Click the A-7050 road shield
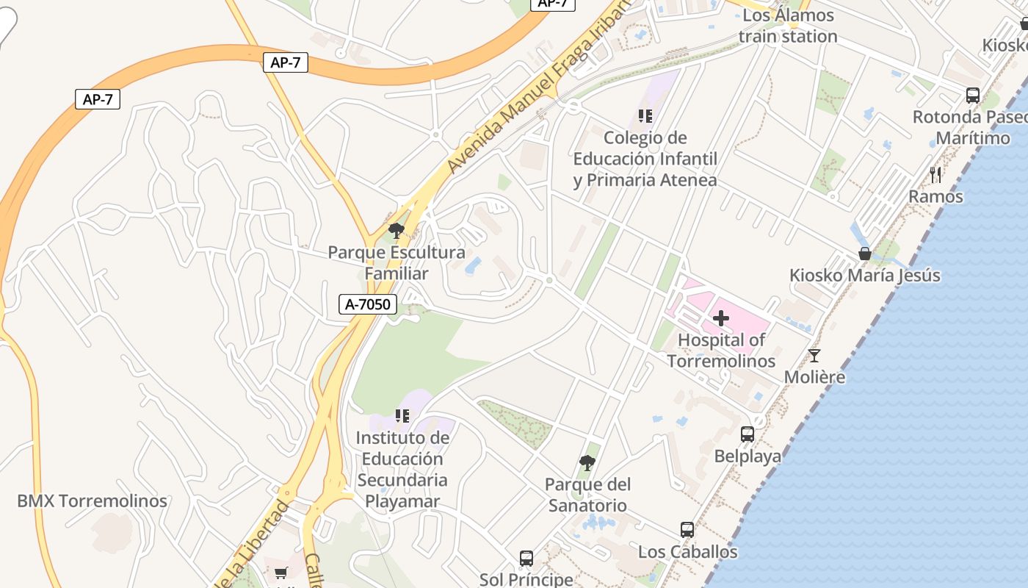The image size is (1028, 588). tap(367, 304)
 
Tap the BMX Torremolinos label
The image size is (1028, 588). tap(93, 501)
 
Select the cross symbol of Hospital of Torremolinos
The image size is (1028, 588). tap(721, 318)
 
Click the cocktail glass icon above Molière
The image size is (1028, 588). tap(814, 356)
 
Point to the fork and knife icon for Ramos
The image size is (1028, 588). tap(935, 174)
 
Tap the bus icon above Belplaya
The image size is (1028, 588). tap(748, 434)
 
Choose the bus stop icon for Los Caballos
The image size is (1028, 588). tap(687, 530)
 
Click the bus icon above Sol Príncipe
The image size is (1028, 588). tap(526, 558)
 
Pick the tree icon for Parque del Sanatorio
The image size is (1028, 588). tap(587, 463)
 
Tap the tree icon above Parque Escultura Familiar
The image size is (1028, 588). tap(397, 231)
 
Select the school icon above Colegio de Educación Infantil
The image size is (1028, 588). tap(645, 115)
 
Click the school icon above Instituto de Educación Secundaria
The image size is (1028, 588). tap(402, 416)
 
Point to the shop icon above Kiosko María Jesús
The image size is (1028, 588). tap(865, 254)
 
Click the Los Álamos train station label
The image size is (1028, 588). tap(788, 26)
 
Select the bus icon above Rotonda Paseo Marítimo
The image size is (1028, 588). tap(973, 96)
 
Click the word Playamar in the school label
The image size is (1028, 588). tap(402, 502)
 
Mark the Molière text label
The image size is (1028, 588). tap(814, 378)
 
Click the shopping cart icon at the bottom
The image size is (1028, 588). tap(280, 573)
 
